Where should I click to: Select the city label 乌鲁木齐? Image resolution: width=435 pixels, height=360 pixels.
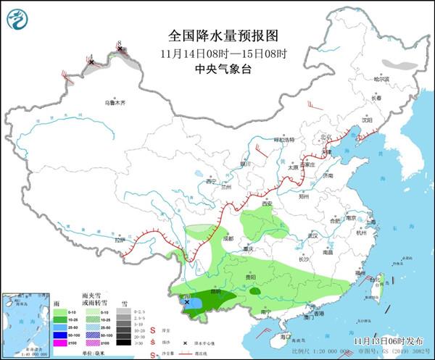[115, 104]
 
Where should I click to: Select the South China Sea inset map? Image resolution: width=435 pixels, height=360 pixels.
[22, 319]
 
